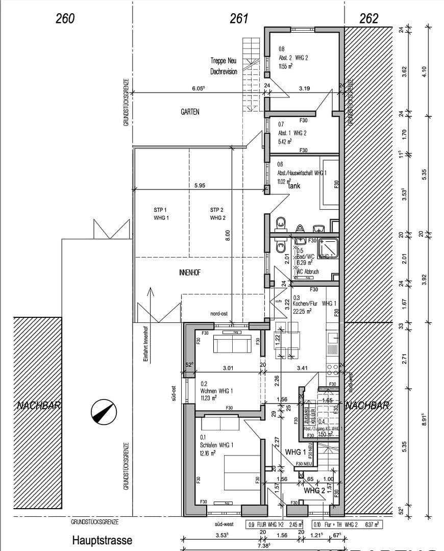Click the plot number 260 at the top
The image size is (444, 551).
tap(65, 19)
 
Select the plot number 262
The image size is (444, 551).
tap(369, 19)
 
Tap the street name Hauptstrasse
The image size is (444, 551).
tap(102, 540)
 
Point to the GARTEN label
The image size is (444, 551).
tap(190, 112)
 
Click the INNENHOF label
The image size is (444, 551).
tap(190, 272)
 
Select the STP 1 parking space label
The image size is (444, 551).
tap(160, 214)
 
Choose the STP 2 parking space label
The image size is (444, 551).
tap(217, 214)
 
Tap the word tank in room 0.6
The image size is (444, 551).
tap(294, 186)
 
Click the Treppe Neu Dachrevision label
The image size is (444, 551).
tap(224, 66)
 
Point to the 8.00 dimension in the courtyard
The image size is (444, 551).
tap(228, 235)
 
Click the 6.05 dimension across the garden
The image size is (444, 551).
tap(198, 88)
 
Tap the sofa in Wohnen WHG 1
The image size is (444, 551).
tap(232, 344)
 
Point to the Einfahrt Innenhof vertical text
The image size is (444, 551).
tap(145, 345)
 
